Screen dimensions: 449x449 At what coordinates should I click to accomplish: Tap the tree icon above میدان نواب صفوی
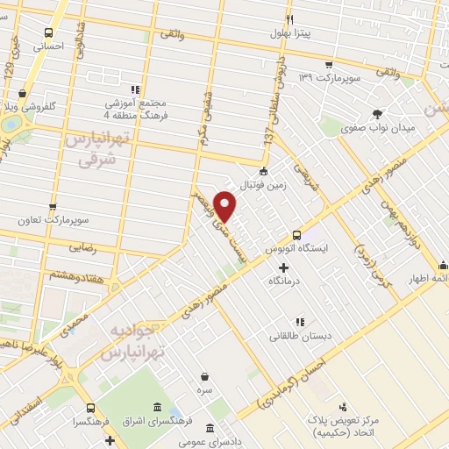378,113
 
